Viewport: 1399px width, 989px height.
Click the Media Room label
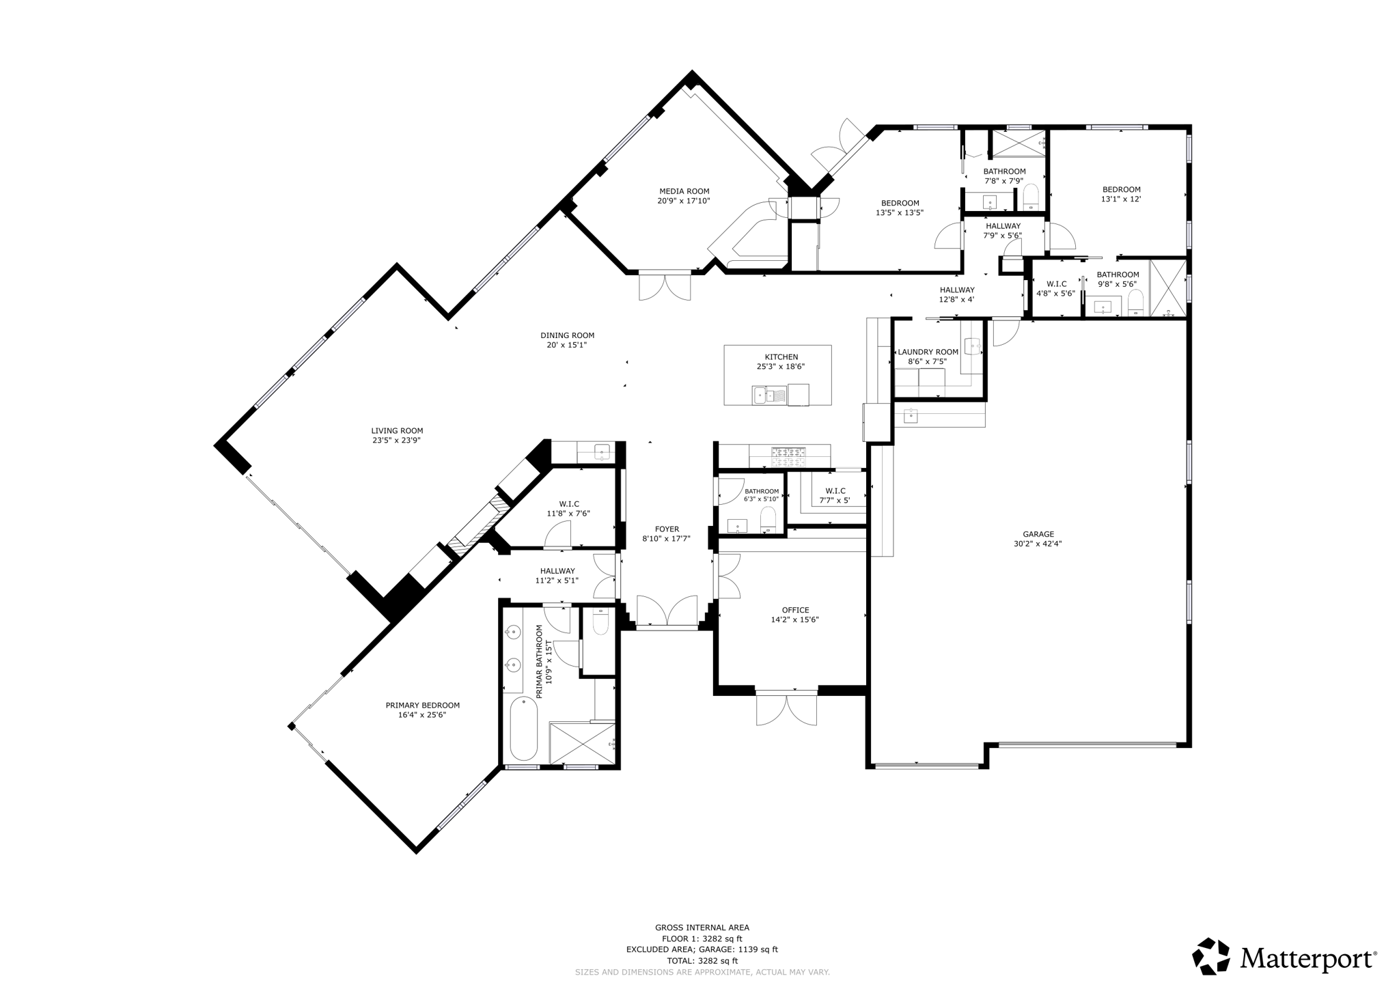coord(684,191)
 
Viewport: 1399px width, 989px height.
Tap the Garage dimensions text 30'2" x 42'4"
coord(1038,544)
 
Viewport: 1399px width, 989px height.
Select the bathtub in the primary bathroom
coord(524,729)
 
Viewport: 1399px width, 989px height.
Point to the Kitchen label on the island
coord(781,357)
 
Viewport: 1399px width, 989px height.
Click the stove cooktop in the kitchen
coord(788,456)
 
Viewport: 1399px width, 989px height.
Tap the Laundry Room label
coord(928,352)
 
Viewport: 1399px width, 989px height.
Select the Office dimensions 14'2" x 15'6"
coord(795,620)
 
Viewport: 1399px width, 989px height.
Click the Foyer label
coord(667,529)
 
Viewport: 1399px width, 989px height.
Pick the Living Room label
coord(397,431)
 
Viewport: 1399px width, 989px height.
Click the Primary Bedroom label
coord(422,706)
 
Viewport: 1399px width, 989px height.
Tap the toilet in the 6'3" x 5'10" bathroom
coord(768,519)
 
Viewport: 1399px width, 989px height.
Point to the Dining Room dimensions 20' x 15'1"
coord(567,345)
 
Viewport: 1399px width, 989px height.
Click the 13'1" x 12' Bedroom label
coord(1121,190)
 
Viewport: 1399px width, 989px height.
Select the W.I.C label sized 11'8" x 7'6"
coord(568,504)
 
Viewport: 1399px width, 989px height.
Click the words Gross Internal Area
coord(702,928)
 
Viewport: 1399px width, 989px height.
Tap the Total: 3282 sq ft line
coord(702,960)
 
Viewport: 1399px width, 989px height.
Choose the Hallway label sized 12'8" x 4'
coord(956,290)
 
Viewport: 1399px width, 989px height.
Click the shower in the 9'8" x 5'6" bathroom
coord(1168,288)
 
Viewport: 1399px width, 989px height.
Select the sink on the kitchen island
coord(760,395)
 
